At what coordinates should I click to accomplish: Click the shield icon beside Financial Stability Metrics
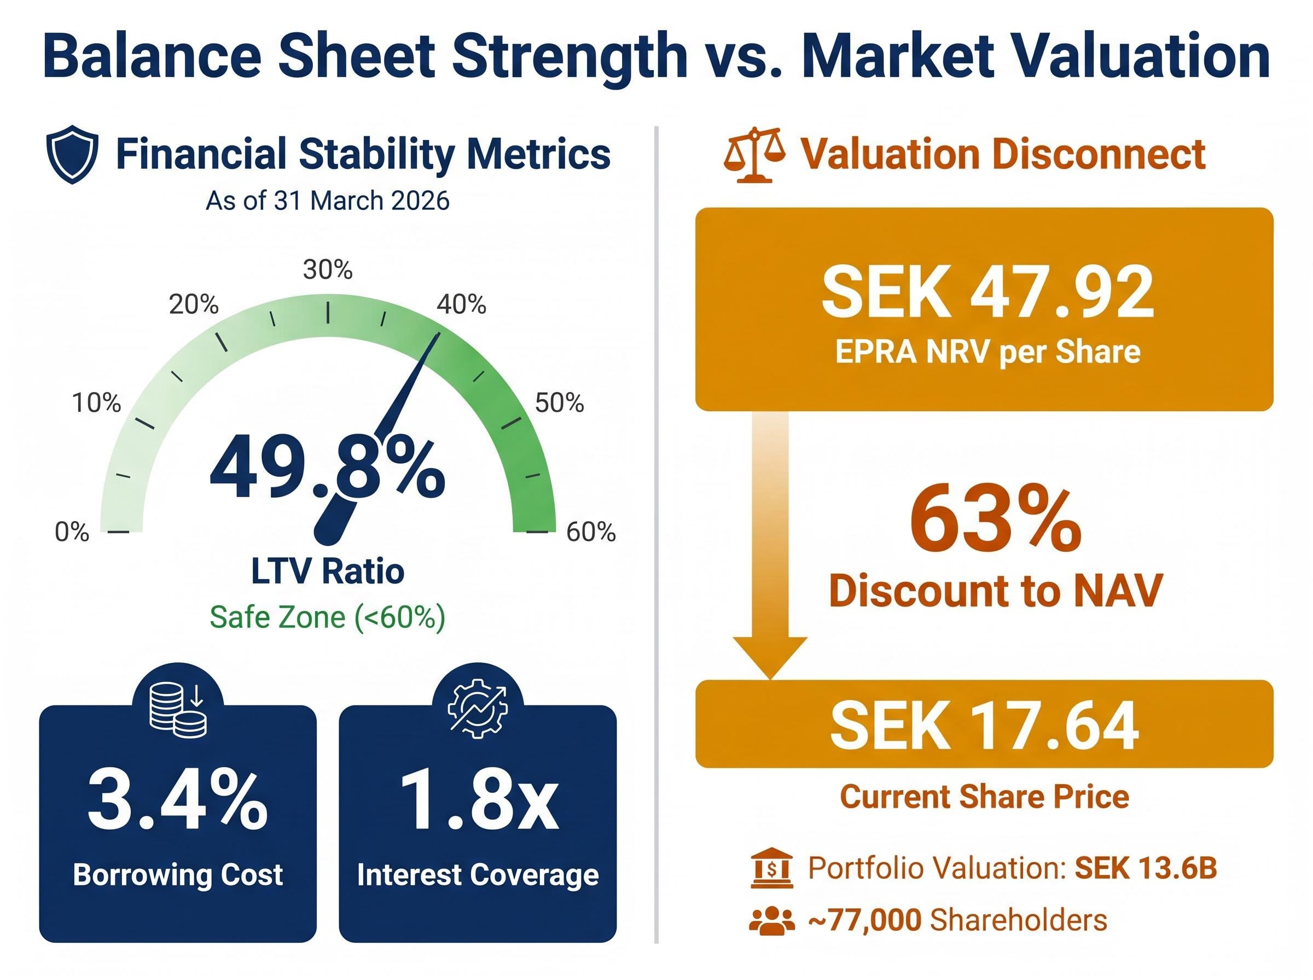click(72, 154)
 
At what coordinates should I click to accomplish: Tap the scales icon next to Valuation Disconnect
click(754, 154)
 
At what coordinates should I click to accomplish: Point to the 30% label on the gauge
click(328, 270)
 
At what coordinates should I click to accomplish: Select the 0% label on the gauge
click(72, 532)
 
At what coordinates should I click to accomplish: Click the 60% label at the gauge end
click(591, 532)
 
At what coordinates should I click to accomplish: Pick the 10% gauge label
click(96, 403)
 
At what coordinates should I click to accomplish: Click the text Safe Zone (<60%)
click(328, 617)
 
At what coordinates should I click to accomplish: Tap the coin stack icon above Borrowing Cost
click(177, 709)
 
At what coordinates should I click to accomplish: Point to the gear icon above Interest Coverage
click(478, 708)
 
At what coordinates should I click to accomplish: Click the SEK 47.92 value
click(987, 293)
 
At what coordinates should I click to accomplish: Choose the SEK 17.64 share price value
click(984, 726)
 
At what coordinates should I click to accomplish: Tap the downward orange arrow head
click(770, 656)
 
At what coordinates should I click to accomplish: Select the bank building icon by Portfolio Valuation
click(771, 868)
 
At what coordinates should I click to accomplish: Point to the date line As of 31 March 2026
click(328, 201)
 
